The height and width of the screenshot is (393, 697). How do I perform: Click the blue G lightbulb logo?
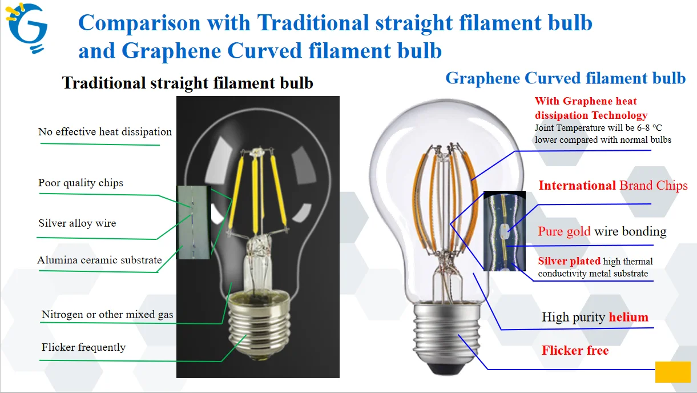click(x=27, y=27)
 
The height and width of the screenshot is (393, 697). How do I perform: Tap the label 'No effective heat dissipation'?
click(x=105, y=132)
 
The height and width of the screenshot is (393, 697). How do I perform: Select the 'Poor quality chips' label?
click(x=80, y=183)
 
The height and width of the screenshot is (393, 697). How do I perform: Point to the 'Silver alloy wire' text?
click(x=77, y=223)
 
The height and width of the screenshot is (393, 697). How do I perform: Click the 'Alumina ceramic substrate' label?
click(x=99, y=260)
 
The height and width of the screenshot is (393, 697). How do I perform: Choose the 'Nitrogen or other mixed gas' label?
click(x=107, y=315)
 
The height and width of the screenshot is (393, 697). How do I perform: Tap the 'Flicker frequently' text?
click(x=84, y=347)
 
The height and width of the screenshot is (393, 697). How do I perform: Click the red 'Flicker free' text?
click(x=575, y=350)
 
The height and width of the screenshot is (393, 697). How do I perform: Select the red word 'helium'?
click(x=628, y=317)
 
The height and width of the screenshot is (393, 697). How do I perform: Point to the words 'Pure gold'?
click(x=564, y=231)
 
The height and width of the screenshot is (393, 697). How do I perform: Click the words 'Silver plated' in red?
click(x=569, y=261)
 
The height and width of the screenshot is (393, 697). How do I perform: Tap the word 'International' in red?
click(x=577, y=185)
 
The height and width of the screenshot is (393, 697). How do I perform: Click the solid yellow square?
click(x=672, y=372)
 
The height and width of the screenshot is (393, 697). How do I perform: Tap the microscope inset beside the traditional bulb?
click(x=194, y=223)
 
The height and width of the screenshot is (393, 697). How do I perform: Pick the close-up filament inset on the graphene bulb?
click(x=505, y=231)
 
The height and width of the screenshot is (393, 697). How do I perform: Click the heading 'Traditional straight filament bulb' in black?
click(x=187, y=83)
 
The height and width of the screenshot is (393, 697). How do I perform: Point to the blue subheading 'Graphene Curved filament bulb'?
click(x=565, y=78)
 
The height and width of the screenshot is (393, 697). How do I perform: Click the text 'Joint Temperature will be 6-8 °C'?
click(x=598, y=128)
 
